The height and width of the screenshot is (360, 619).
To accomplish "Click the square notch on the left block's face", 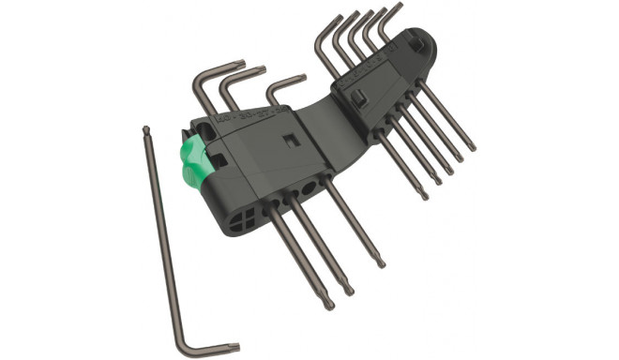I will (x=290, y=140).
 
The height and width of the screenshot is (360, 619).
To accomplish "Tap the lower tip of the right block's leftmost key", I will (x=423, y=194).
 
